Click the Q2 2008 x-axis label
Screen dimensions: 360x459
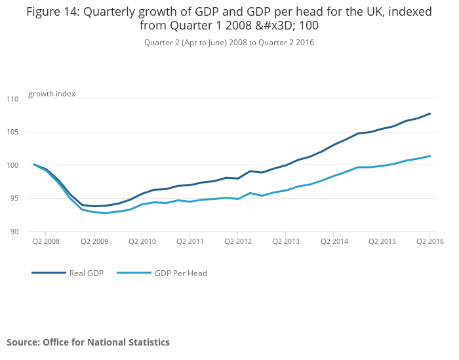(46, 241)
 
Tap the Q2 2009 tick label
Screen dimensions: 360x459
(94, 241)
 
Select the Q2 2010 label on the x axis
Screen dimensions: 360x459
(142, 241)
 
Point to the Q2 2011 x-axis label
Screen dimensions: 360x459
(190, 241)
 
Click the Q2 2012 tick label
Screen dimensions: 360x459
(237, 241)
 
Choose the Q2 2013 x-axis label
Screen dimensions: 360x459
(285, 241)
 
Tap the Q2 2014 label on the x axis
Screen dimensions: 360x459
(333, 241)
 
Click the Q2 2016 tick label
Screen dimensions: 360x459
(429, 241)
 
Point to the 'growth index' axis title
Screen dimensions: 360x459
(52, 94)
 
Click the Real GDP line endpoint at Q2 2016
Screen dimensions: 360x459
(429, 113)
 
